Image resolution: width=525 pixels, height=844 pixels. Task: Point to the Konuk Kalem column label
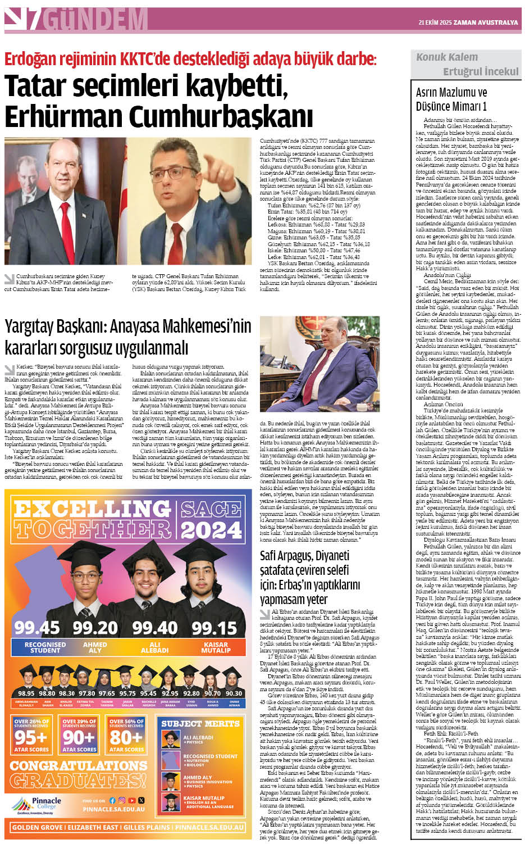[447, 57]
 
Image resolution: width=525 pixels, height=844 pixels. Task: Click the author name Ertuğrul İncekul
[481, 71]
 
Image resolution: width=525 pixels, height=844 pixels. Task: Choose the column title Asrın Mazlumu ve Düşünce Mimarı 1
[451, 99]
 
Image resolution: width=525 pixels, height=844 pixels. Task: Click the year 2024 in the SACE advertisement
[211, 530]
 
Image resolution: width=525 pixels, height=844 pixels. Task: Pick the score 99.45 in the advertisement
[36, 627]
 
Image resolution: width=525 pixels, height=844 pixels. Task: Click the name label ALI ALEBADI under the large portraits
[155, 647]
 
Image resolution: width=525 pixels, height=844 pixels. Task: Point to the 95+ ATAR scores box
[32, 736]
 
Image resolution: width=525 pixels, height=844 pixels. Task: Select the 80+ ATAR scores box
[127, 736]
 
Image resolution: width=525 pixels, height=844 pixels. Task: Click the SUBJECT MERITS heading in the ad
[200, 723]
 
